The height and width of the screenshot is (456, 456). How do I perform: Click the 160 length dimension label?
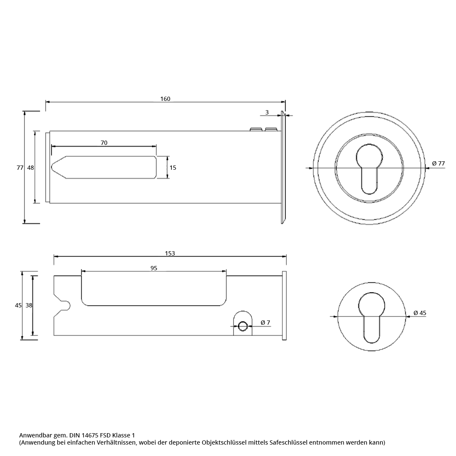point(165,99)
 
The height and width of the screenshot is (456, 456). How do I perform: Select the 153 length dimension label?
point(170,253)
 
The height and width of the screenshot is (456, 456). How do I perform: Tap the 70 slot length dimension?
point(104,143)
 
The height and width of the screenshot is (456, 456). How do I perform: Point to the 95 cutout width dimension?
point(154,268)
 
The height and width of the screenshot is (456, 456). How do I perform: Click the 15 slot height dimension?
point(173,168)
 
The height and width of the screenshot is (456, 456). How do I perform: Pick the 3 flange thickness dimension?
point(267,112)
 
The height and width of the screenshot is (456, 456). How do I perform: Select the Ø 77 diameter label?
point(438,163)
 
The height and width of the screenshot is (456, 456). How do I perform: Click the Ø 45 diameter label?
point(420,313)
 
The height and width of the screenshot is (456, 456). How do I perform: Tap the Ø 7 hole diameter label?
point(265,323)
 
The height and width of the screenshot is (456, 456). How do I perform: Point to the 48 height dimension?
point(30,168)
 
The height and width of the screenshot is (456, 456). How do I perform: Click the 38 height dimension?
point(29,305)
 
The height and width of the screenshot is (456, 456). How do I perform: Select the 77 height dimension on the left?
point(20,168)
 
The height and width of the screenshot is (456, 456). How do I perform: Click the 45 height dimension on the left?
point(18,305)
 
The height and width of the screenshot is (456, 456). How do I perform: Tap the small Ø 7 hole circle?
point(243,326)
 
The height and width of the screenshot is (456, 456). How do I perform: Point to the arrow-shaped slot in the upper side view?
point(104,167)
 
